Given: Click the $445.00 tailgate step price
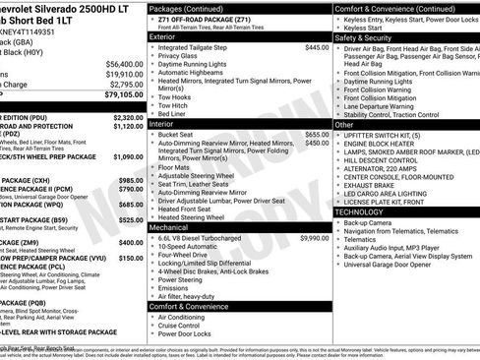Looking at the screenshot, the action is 317,47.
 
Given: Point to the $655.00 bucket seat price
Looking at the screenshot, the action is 317,134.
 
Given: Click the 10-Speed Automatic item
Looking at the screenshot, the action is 191,247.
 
